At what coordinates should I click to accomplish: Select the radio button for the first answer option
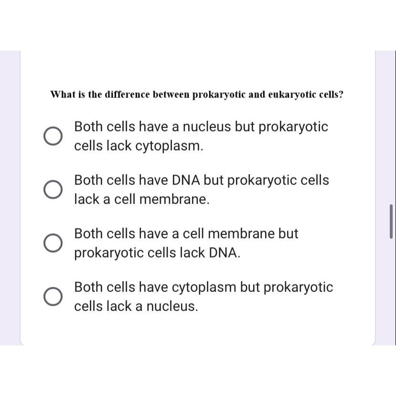pos(53,136)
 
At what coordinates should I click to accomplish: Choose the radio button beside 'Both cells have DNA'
pos(53,190)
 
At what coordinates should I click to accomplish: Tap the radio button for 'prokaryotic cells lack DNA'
pos(53,243)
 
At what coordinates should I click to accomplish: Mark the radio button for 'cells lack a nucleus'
pos(53,297)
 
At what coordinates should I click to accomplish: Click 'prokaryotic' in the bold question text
pos(219,94)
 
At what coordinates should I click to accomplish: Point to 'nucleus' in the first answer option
pos(208,127)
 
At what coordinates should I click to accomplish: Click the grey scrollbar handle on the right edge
pos(391,222)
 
